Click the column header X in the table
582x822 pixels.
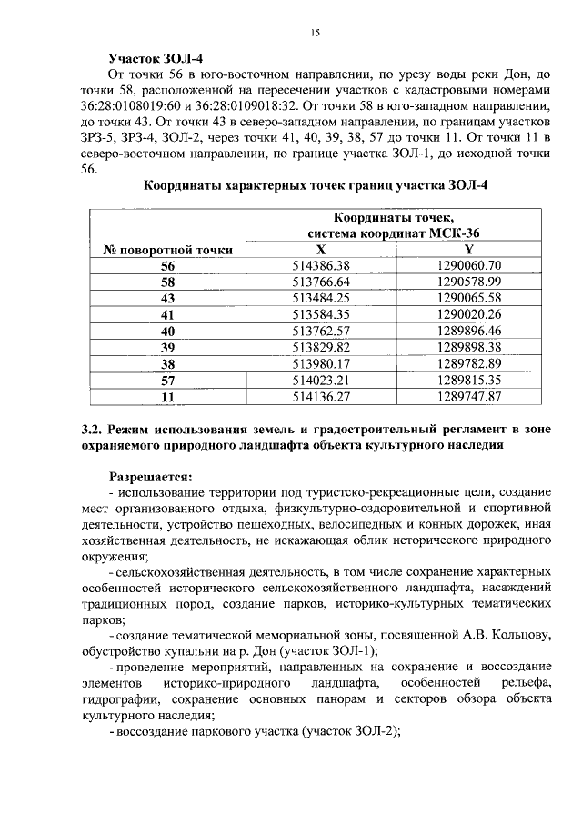point(320,249)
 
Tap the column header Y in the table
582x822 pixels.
point(468,249)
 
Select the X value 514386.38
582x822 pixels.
point(320,265)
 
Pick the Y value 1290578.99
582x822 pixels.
point(468,282)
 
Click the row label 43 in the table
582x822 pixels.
point(167,298)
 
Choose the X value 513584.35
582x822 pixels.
point(320,314)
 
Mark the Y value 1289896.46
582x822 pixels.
point(468,331)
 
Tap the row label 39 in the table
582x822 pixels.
point(167,347)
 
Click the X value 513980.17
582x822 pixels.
point(320,363)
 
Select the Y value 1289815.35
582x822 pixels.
point(468,380)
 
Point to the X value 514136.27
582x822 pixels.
point(320,396)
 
